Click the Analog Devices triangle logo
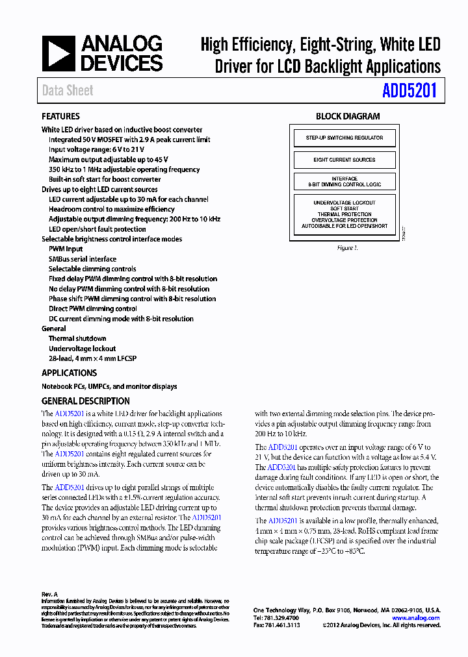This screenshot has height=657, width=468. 59,54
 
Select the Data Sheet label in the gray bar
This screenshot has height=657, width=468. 68,91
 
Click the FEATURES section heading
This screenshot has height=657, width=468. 60,116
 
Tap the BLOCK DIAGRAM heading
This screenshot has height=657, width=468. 348,116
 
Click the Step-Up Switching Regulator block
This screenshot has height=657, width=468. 344,138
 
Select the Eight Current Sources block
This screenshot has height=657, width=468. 344,160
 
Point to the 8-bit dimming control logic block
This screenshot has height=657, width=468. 344,181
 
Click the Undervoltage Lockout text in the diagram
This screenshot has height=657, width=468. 344,203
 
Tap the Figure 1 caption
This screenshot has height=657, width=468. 347,248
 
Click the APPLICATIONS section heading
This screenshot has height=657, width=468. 69,373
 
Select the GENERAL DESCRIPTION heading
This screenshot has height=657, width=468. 86,401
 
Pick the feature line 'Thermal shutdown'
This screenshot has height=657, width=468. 77,338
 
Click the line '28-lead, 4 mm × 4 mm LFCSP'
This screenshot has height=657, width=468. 92,358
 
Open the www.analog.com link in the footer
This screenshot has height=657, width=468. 415,618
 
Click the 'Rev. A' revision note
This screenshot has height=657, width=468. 50,594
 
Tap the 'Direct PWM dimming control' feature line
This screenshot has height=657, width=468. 92,308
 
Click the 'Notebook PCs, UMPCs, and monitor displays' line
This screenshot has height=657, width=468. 109,386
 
